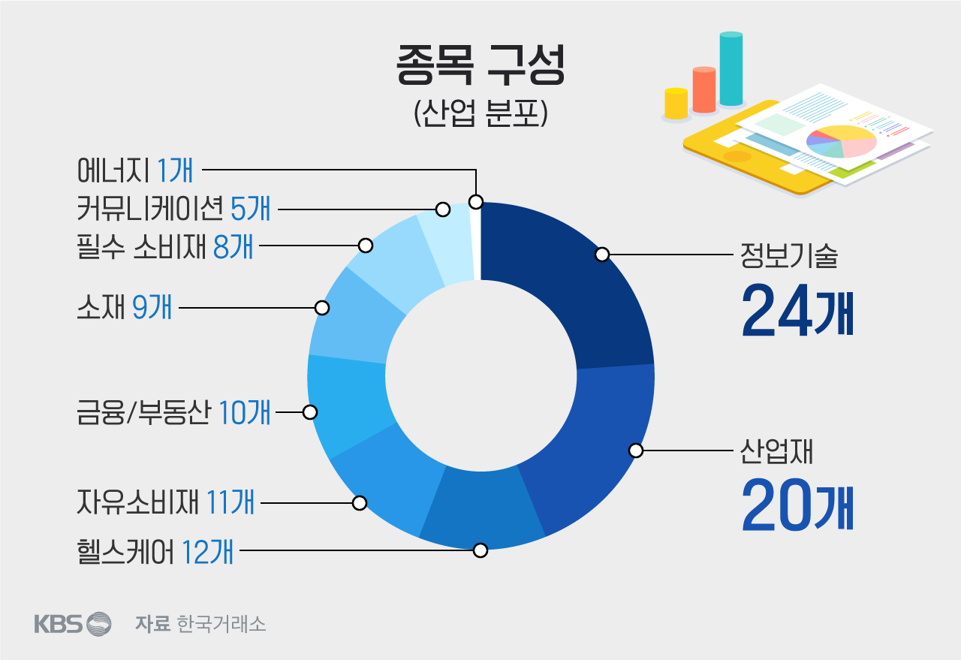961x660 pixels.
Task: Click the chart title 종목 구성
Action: click(480, 66)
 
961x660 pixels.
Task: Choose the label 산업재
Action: click(777, 452)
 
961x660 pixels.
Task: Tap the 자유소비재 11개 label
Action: click(165, 502)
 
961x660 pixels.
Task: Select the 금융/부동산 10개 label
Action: click(173, 412)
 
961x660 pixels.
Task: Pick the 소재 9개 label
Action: click(124, 307)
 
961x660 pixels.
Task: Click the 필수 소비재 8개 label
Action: click(164, 246)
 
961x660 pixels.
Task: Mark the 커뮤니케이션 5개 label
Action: click(173, 208)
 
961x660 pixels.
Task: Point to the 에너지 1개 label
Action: click(135, 170)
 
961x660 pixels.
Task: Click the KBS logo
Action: click(72, 623)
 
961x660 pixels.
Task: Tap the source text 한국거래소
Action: click(221, 624)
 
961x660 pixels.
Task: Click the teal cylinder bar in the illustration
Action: click(731, 69)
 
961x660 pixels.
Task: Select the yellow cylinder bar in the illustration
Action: click(676, 104)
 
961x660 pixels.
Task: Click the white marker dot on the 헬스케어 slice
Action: click(480, 550)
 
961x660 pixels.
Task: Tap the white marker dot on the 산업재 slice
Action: click(636, 451)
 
